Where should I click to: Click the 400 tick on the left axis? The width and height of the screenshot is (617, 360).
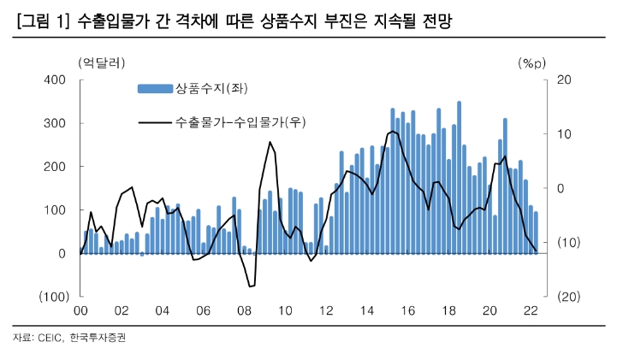point(55,80)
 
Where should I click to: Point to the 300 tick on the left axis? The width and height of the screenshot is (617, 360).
point(55,123)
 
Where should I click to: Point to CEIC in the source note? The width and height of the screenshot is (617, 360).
point(50,338)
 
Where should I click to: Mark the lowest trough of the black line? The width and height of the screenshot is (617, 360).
point(250,286)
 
